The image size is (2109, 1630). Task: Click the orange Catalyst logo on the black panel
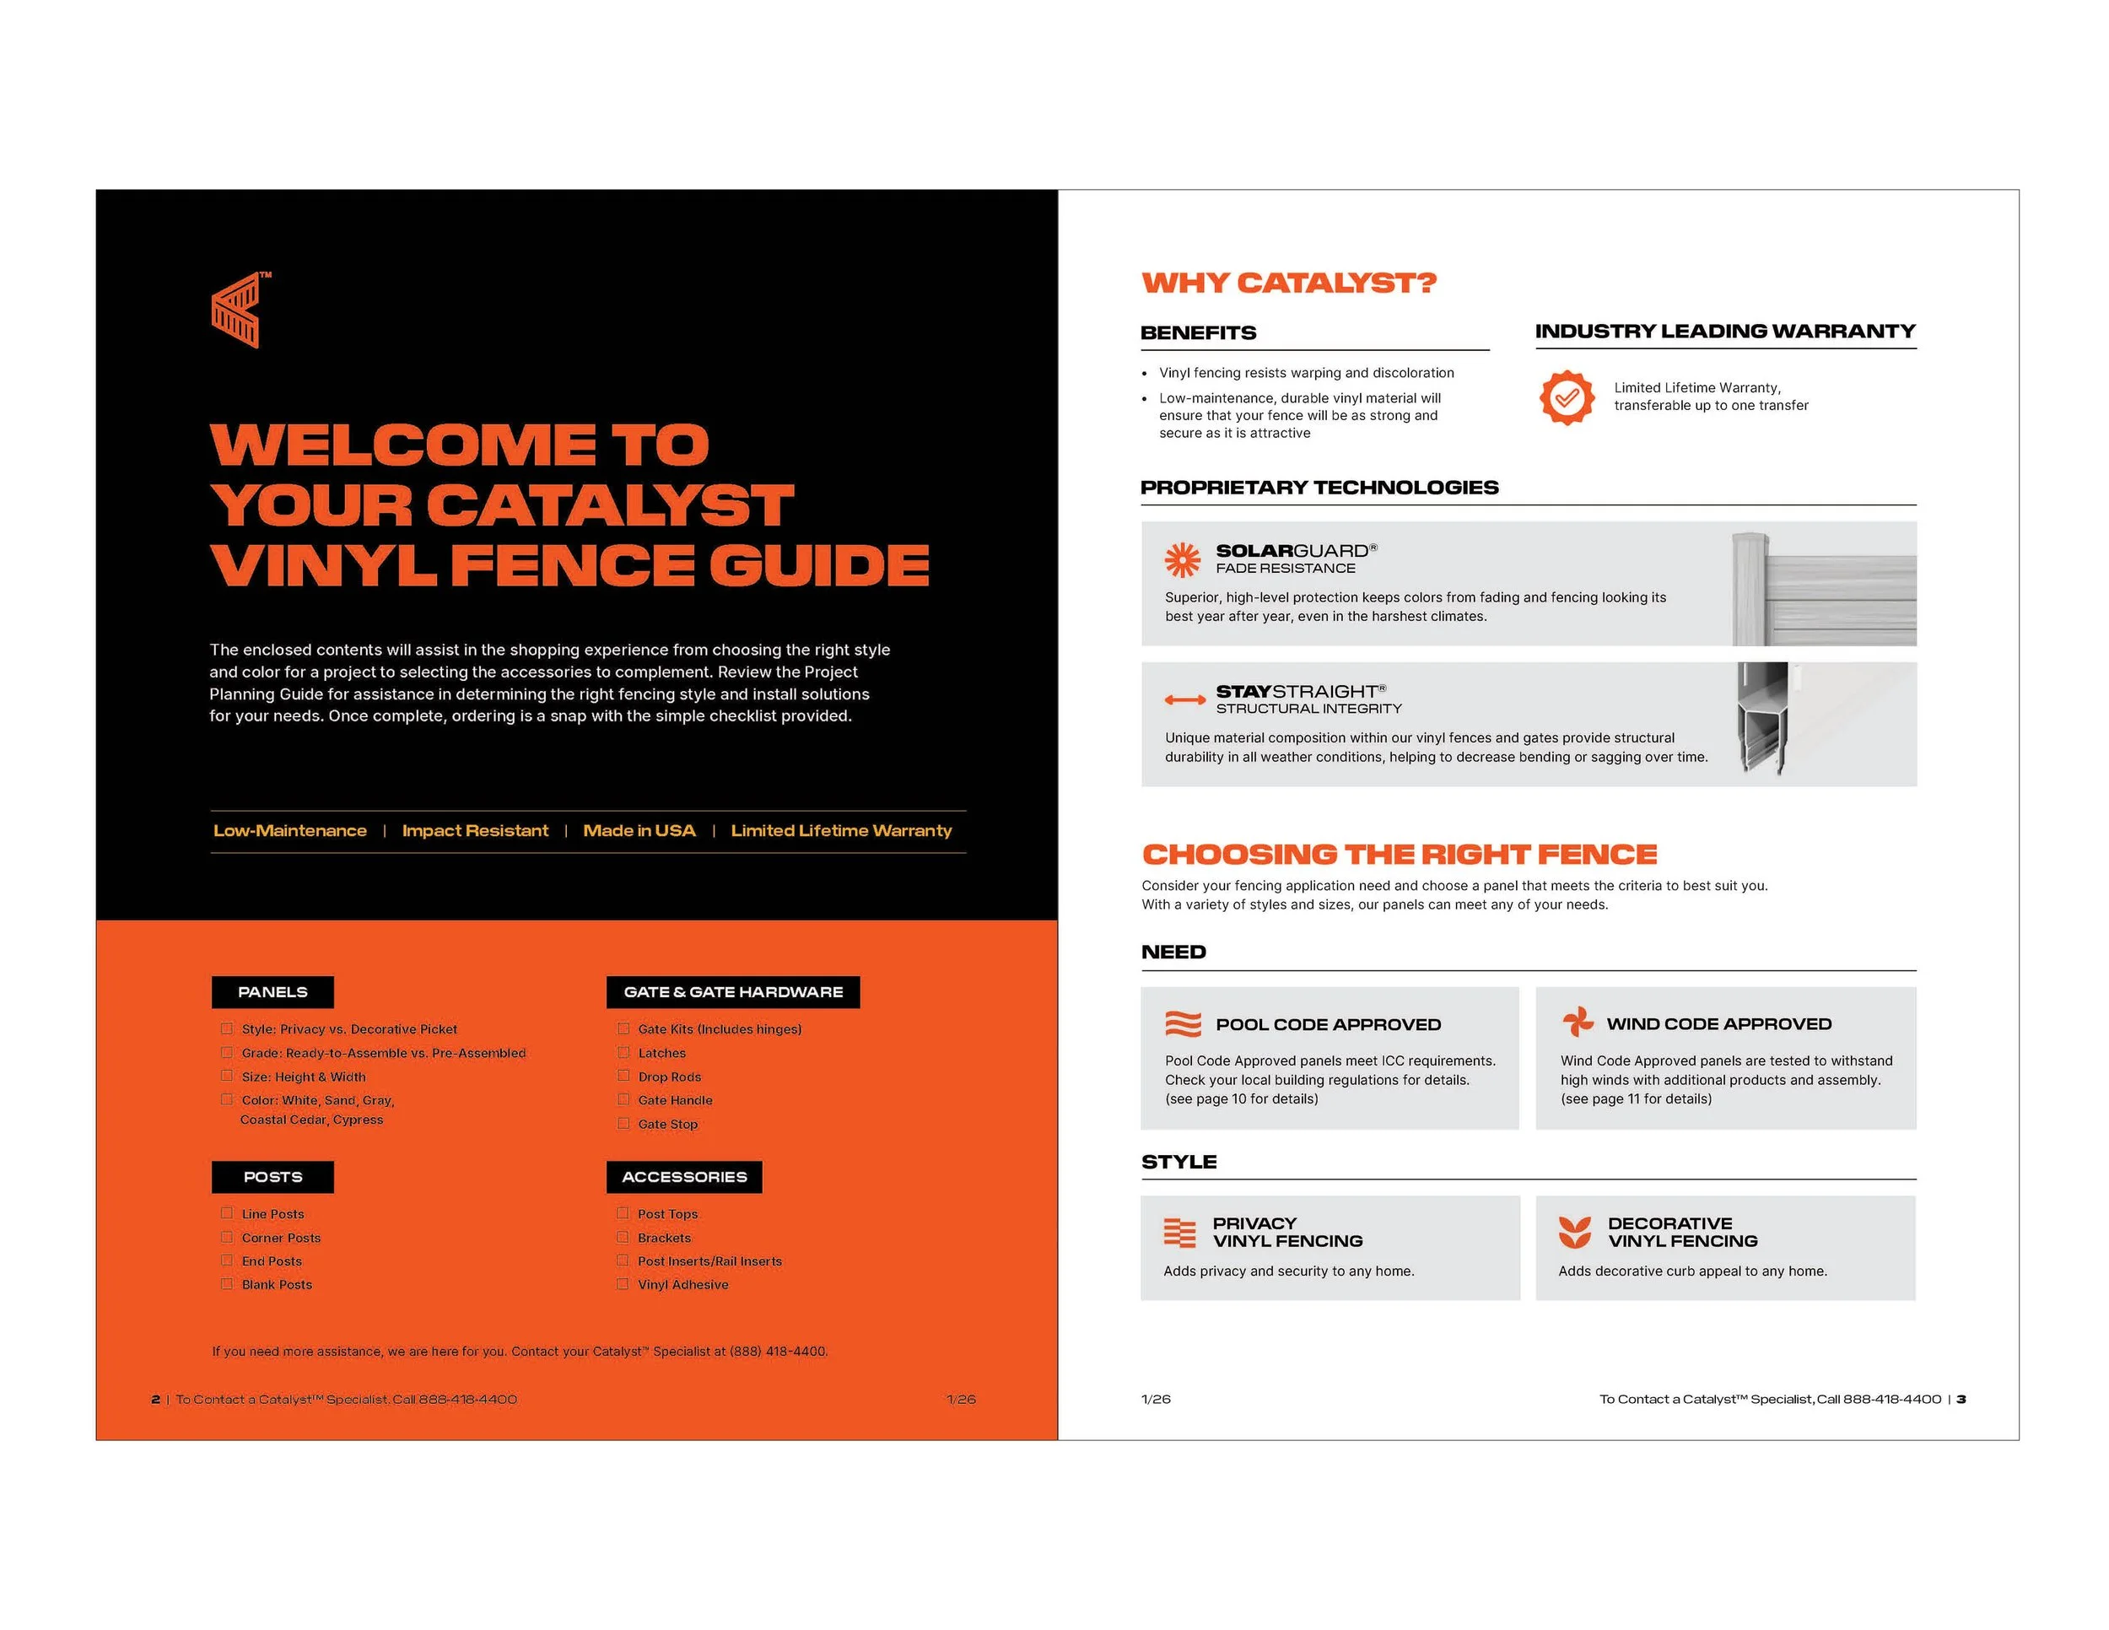235,310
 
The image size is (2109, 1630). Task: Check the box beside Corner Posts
227,1237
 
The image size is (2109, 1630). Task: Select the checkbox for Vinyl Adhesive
623,1283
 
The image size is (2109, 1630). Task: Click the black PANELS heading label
272,991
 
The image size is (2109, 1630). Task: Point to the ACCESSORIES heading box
683,1176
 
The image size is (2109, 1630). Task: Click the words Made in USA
639,830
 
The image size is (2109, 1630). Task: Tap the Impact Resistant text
474,830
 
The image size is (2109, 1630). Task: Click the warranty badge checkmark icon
1567,397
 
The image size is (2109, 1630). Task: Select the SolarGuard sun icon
1182,559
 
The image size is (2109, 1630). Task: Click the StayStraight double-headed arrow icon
1184,699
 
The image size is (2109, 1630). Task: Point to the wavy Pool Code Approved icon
1183,1023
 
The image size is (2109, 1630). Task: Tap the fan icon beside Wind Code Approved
1577,1022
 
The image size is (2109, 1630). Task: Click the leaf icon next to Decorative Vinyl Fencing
1575,1232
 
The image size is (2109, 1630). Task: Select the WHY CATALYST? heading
1288,283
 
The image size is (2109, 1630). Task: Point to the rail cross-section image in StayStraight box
1762,721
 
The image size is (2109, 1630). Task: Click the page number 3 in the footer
1961,1399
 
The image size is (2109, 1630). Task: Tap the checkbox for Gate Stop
623,1123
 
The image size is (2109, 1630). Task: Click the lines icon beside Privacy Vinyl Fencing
1180,1233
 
